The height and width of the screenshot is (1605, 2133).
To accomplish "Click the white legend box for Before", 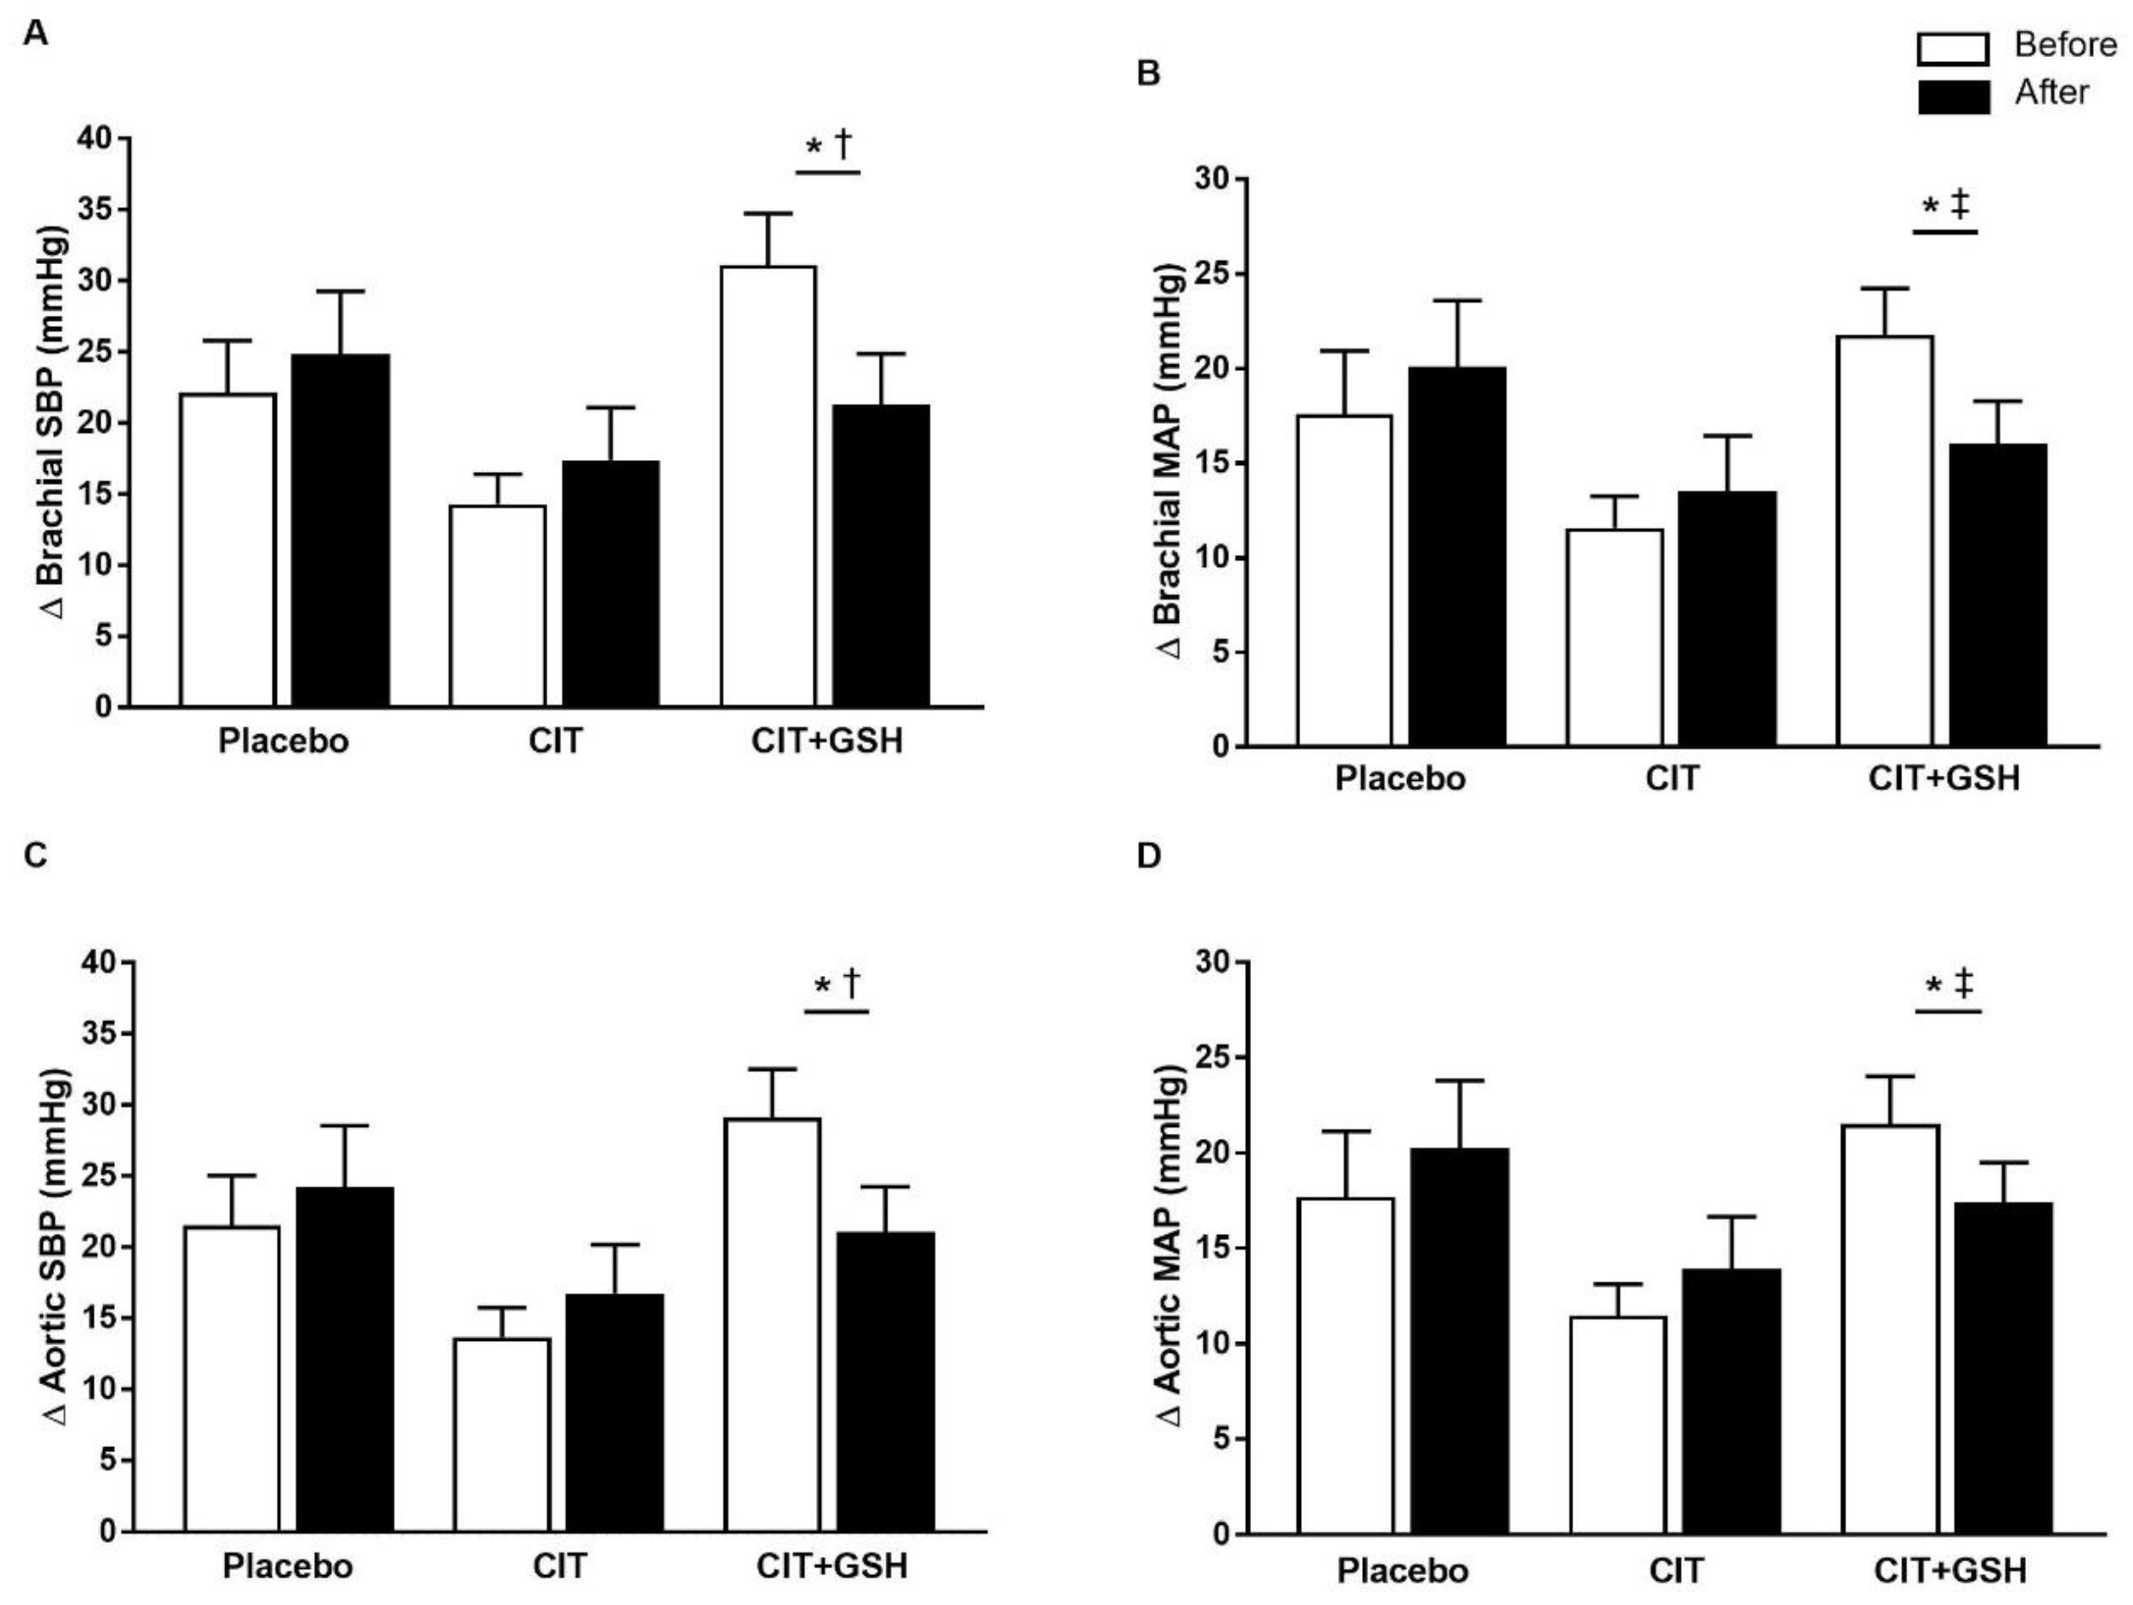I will pos(1953,49).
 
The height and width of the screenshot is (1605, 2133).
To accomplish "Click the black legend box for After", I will pos(1953,96).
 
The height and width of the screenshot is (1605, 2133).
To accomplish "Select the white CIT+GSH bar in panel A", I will pos(769,487).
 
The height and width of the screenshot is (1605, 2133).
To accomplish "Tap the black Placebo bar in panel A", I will pos(341,530).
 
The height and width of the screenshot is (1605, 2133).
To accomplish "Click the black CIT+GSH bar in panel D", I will pos(2003,1368).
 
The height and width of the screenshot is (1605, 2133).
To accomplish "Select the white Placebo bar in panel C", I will pos(231,1379).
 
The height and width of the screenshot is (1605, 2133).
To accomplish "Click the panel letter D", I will pos(1149,855).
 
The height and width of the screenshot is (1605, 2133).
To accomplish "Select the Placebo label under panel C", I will pos(287,1565).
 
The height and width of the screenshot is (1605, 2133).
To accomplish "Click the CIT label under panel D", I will pos(1676,1570).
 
